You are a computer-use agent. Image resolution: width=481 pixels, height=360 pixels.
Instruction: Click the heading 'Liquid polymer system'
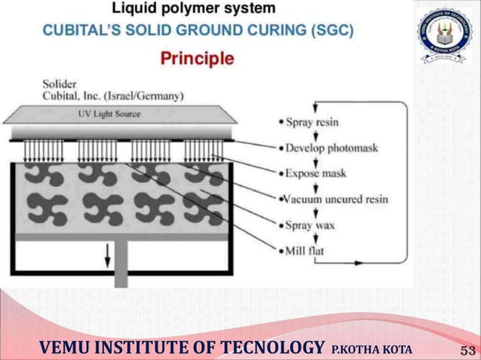pyautogui.click(x=194, y=10)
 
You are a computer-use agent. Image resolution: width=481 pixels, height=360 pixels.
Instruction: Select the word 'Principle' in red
pyautogui.click(x=198, y=59)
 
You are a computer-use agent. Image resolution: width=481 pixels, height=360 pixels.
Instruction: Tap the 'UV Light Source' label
pyautogui.click(x=109, y=114)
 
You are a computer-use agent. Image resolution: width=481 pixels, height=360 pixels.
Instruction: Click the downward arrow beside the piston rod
pyautogui.click(x=107, y=258)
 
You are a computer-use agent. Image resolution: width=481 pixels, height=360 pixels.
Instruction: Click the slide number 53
pyautogui.click(x=467, y=349)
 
